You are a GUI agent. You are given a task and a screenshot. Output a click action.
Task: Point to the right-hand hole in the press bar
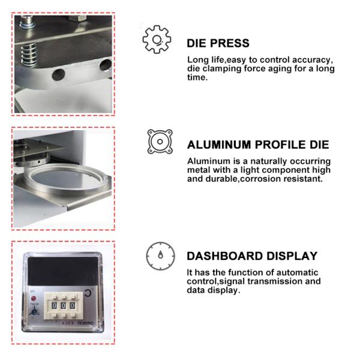(x=105, y=65)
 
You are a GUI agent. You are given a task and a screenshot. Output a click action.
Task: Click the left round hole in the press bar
(x=58, y=75)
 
